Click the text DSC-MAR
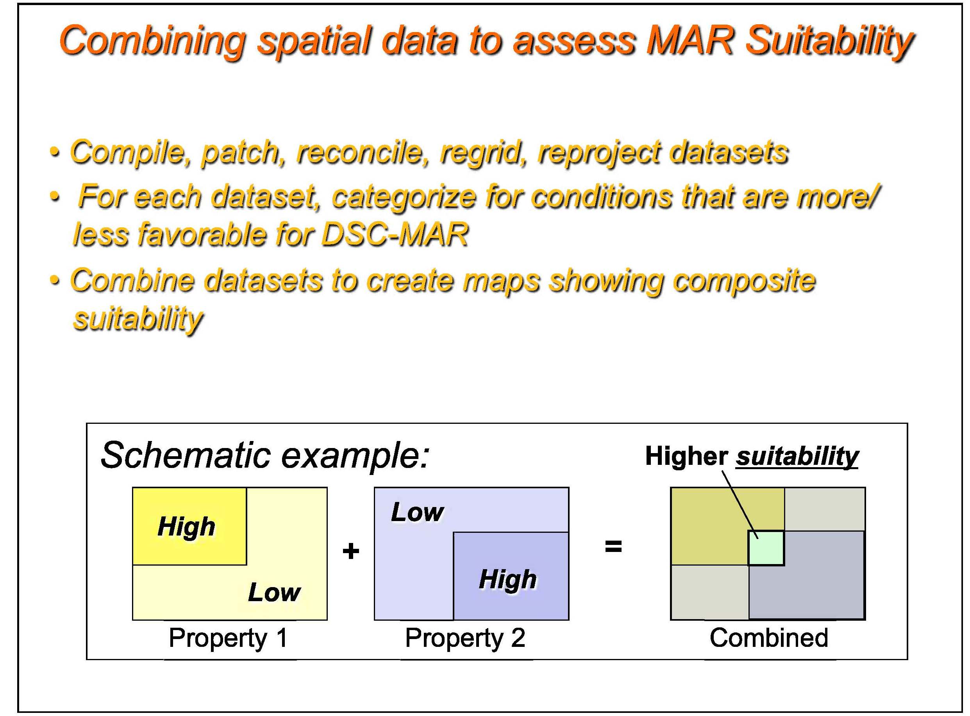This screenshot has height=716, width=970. click(395, 234)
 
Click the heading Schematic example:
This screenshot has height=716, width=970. click(265, 455)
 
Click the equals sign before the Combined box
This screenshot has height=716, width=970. click(613, 546)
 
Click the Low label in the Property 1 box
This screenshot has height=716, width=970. click(274, 592)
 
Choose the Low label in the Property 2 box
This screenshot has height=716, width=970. click(417, 512)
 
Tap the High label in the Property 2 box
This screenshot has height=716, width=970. click(508, 579)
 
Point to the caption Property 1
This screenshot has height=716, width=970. click(229, 638)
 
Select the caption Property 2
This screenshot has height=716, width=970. click(465, 638)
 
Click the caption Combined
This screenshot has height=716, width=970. click(768, 637)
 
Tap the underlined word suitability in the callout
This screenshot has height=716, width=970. click(797, 457)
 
